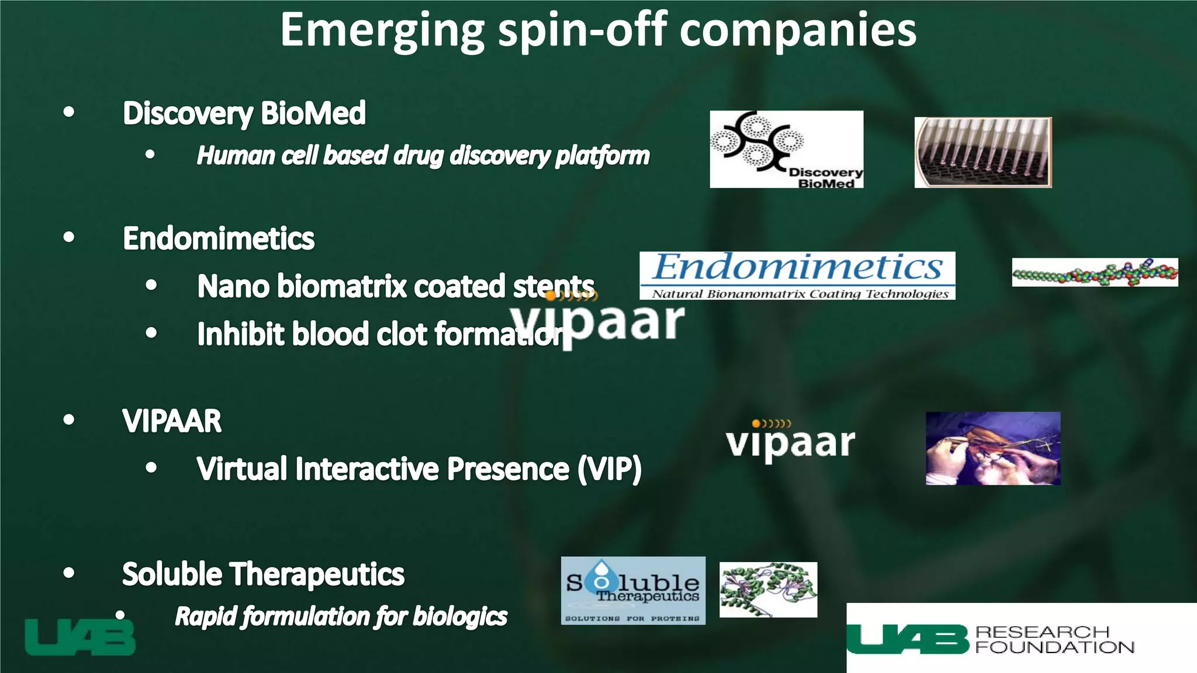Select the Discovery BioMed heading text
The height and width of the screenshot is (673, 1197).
click(244, 113)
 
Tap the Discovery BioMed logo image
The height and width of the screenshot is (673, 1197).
click(786, 150)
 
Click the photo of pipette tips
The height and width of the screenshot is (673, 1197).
click(982, 152)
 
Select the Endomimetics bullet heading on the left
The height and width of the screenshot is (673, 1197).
click(219, 238)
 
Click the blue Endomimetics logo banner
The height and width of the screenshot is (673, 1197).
click(797, 275)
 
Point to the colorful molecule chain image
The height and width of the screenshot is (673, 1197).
click(1095, 272)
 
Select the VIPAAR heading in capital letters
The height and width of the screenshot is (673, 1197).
click(172, 421)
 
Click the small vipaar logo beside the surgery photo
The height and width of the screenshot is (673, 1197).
click(790, 442)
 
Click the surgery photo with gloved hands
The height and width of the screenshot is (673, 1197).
click(992, 448)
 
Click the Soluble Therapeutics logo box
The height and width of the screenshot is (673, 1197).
click(633, 590)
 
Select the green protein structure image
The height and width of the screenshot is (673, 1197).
click(768, 589)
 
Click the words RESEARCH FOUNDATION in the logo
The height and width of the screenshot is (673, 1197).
click(1054, 640)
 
